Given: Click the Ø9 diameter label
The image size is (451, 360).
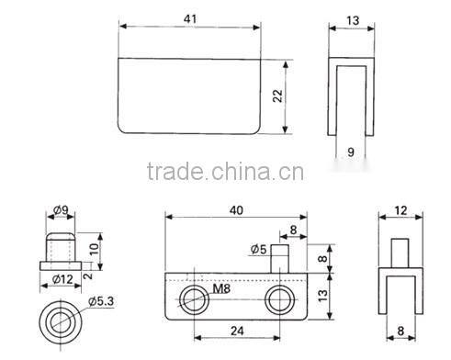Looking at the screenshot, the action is tap(62, 212).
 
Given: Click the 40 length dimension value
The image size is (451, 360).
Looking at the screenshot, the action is tap(236, 210).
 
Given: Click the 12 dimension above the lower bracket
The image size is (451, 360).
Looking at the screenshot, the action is tap(400, 211).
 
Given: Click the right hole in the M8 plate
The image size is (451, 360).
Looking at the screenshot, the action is tap(279, 298).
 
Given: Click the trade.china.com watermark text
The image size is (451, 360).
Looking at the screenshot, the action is tap(220, 173).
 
